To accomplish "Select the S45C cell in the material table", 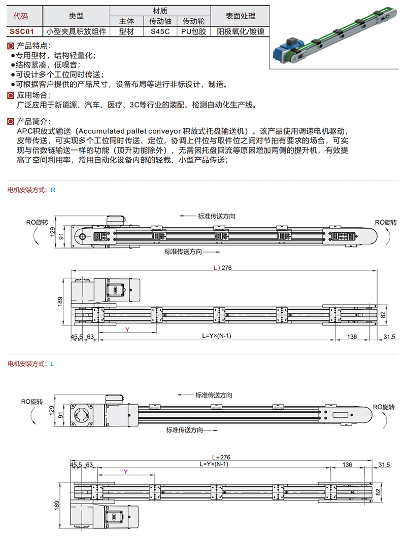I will click(160, 31).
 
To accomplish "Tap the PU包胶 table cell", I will click(193, 31).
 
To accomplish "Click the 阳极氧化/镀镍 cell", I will click(241, 31).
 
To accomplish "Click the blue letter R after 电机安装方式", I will click(53, 190).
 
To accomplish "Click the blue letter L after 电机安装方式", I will click(52, 364).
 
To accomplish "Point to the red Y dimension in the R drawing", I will click(127, 330).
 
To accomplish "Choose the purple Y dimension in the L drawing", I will click(125, 472).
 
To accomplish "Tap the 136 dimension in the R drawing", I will click(352, 336).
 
